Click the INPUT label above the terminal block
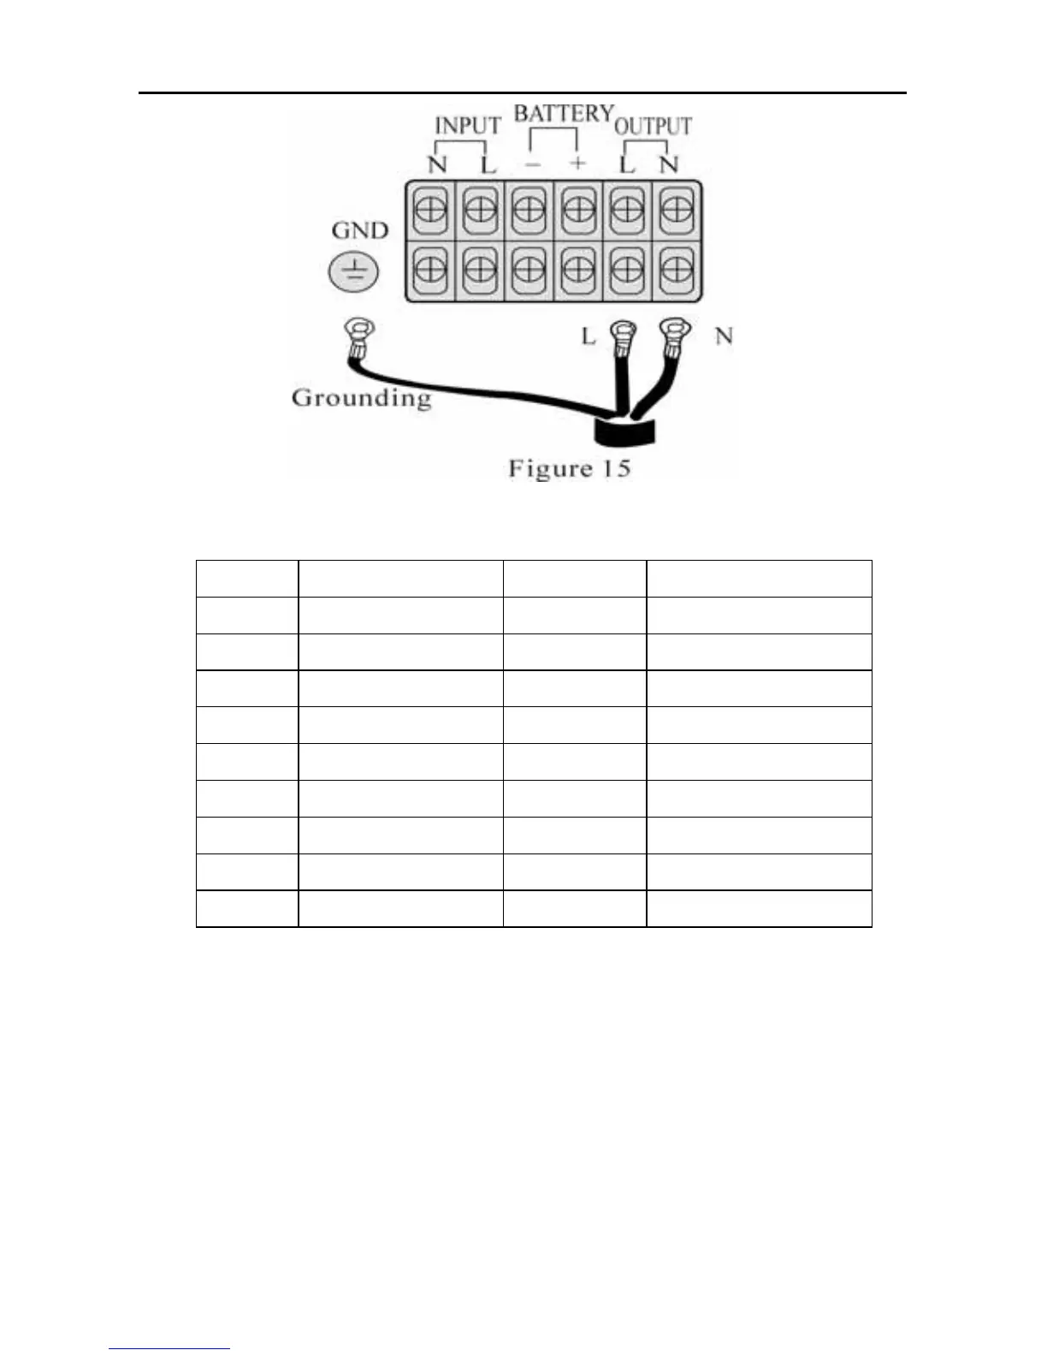pyautogui.click(x=467, y=125)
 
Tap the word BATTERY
pyautogui.click(x=563, y=113)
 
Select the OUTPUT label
pyautogui.click(x=653, y=126)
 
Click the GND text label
pyautogui.click(x=359, y=230)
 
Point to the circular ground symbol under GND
pyautogui.click(x=353, y=273)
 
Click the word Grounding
pyautogui.click(x=361, y=398)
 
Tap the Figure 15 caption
pyautogui.click(x=569, y=468)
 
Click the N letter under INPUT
pyautogui.click(x=437, y=164)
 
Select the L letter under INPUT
pyautogui.click(x=488, y=164)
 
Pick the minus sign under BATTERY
pyautogui.click(x=532, y=164)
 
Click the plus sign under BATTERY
pyautogui.click(x=578, y=163)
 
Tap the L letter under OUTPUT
pyautogui.click(x=627, y=164)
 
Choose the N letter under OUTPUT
pyautogui.click(x=669, y=164)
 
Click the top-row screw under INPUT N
pyautogui.click(x=430, y=209)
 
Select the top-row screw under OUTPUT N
pyautogui.click(x=677, y=209)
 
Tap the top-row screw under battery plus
pyautogui.click(x=578, y=209)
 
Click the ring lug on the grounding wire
pyautogui.click(x=358, y=330)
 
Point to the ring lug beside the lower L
pyautogui.click(x=623, y=332)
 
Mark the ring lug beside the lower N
pyautogui.click(x=675, y=330)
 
